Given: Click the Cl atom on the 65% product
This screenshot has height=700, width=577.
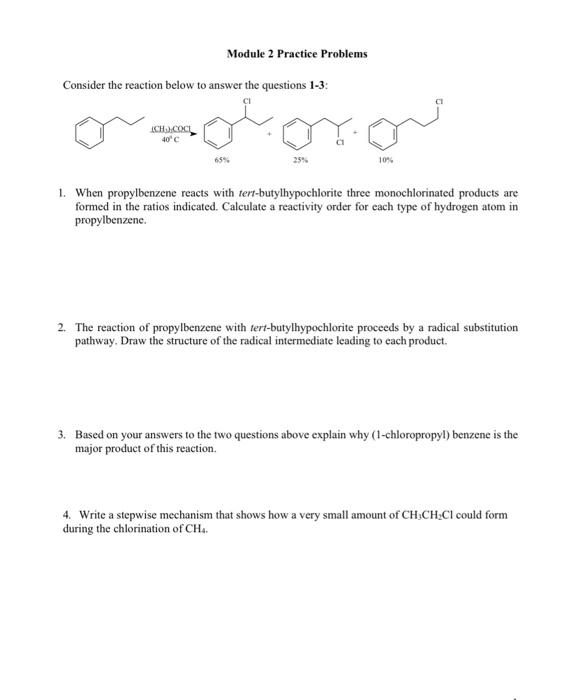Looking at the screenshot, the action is point(245,100).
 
